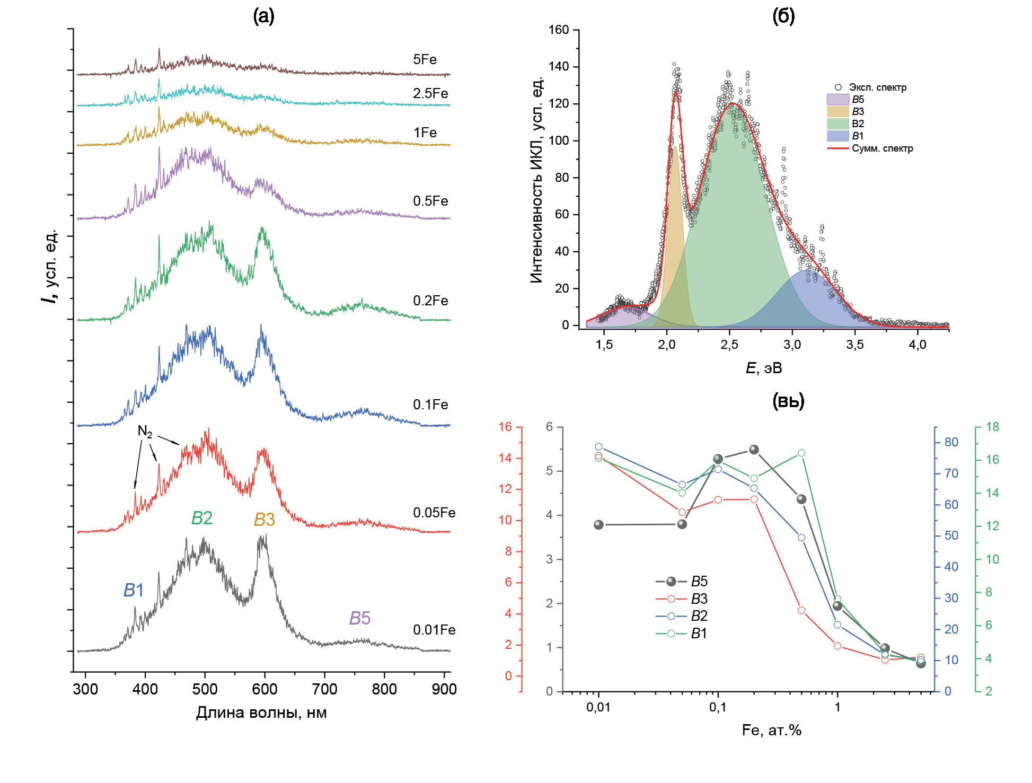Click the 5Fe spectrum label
coord(425,59)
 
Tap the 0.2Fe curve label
coord(430,301)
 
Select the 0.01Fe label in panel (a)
coord(434,630)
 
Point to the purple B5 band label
coord(359,618)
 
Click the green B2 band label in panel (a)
coord(201,518)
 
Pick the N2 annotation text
coord(145,432)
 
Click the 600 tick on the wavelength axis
coord(264,689)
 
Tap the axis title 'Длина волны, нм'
coord(261,712)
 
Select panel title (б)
coord(783,16)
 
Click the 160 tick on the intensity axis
coord(559,30)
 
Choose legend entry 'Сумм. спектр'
coord(882,148)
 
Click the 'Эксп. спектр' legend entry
coord(877,87)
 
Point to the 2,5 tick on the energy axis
coord(729,345)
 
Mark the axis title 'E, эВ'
coord(764,368)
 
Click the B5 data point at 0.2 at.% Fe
coord(754,450)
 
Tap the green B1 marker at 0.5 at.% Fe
coord(801,453)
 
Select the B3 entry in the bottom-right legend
coord(699,599)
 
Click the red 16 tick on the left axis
coord(505,427)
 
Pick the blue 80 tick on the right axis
coord(951,442)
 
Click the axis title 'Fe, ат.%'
coord(771,730)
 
